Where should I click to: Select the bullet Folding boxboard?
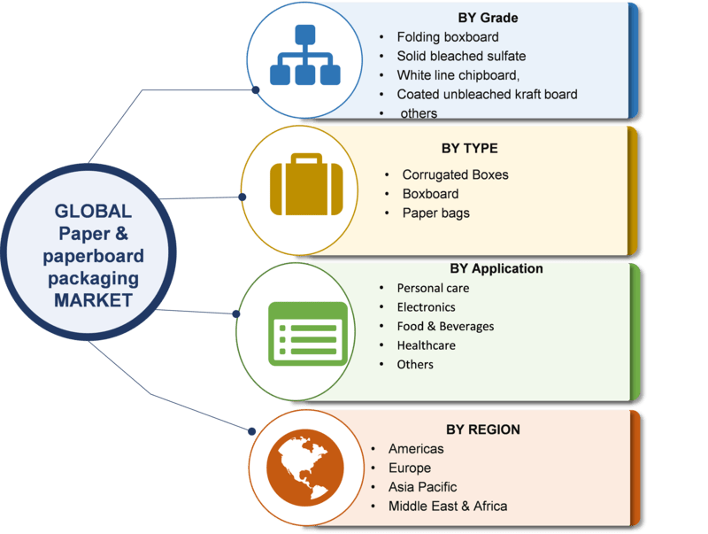pyautogui.click(x=447, y=37)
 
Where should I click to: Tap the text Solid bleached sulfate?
pyautogui.click(x=461, y=56)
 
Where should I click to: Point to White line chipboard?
pyautogui.click(x=458, y=74)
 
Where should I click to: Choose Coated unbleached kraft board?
pyautogui.click(x=487, y=94)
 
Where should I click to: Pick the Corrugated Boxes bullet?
pyautogui.click(x=455, y=174)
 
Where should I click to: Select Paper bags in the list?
pyautogui.click(x=435, y=213)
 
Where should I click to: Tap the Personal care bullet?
pyautogui.click(x=433, y=288)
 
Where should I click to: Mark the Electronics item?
pyautogui.click(x=426, y=307)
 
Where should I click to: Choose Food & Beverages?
pyautogui.click(x=445, y=326)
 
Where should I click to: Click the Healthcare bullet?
pyautogui.click(x=426, y=345)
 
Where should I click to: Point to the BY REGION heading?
pyautogui.click(x=482, y=430)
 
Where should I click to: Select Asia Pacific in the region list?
pyautogui.click(x=422, y=487)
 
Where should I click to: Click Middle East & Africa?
pyautogui.click(x=447, y=507)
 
